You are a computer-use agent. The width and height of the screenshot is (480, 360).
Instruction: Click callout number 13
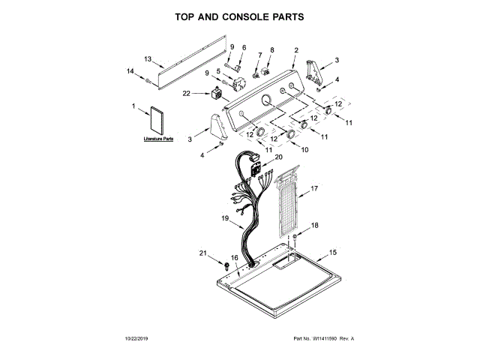click(148, 58)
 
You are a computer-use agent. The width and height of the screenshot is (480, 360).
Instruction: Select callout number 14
click(130, 71)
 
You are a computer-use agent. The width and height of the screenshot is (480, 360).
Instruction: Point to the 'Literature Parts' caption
click(157, 139)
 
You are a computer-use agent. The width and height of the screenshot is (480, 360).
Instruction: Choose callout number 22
click(186, 93)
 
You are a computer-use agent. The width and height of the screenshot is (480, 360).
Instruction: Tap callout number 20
click(278, 157)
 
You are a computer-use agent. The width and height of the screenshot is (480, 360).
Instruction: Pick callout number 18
click(315, 225)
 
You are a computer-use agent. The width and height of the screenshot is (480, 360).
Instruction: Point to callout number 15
click(334, 252)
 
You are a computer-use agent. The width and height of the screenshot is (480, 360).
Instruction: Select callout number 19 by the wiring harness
click(224, 217)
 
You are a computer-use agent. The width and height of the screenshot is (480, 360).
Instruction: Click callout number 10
click(304, 149)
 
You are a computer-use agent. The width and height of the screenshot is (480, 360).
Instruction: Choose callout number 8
click(272, 49)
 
